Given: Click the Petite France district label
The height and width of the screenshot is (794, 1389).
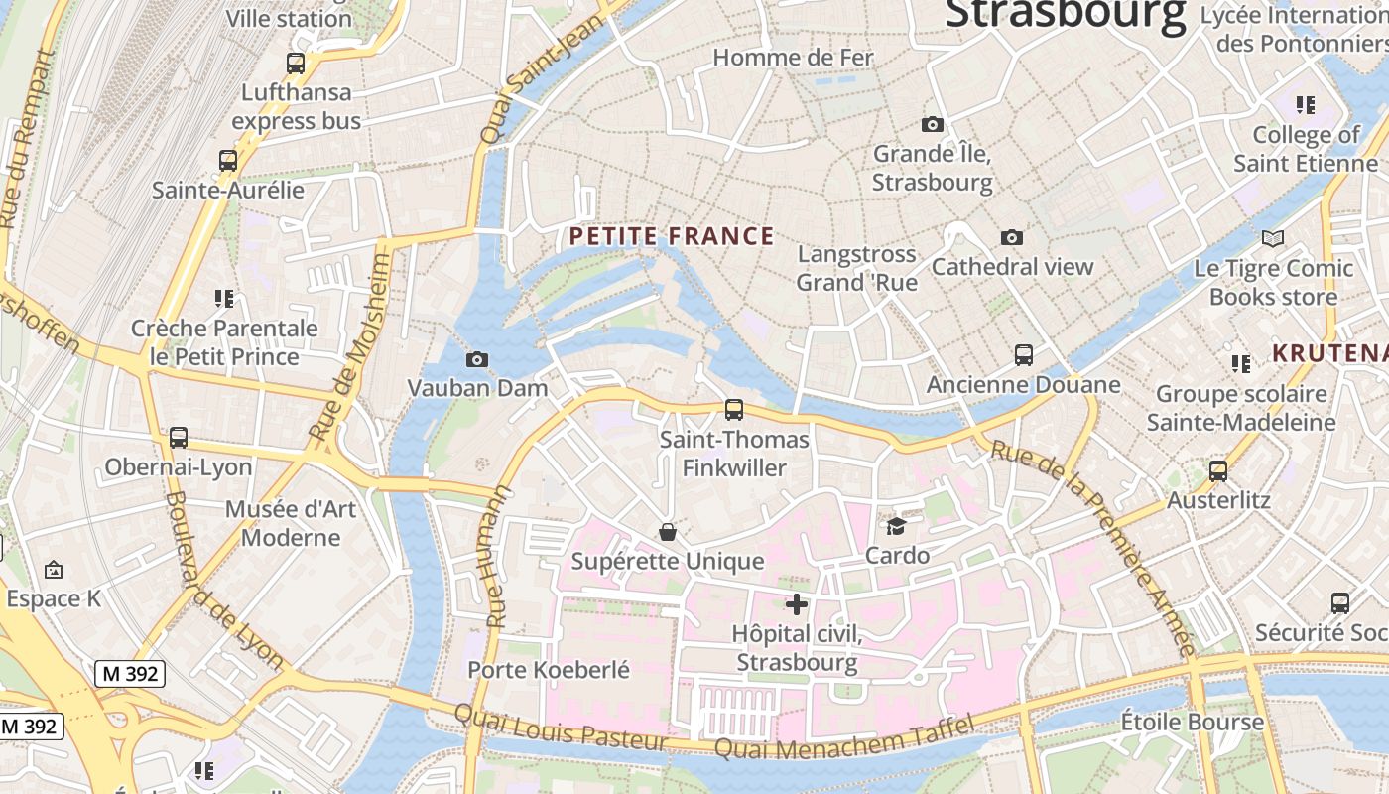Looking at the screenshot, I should (671, 236).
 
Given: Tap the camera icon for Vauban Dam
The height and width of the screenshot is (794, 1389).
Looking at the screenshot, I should (477, 359).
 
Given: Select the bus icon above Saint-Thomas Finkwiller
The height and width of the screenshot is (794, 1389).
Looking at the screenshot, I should (734, 409).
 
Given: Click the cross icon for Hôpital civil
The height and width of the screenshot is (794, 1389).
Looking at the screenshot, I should (796, 603).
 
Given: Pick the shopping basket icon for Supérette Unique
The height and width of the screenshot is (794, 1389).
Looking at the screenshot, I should (668, 532).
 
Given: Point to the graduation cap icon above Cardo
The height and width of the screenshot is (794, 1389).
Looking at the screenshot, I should (897, 526).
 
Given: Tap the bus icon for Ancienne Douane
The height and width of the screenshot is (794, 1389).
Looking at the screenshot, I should (1023, 354).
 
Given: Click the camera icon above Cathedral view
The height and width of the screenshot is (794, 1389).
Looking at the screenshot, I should (1012, 237).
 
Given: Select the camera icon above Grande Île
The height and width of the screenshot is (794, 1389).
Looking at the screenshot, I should (932, 124).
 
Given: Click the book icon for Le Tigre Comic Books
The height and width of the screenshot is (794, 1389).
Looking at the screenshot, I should (1273, 238).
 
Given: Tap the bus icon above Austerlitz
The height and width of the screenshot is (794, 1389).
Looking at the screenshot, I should (1218, 471).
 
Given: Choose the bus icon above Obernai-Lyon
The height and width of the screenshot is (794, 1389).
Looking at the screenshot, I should (179, 437).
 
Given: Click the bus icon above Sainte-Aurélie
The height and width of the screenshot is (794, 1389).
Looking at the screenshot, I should (228, 160).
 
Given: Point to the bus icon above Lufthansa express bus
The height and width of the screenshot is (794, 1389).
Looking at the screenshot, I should (296, 64).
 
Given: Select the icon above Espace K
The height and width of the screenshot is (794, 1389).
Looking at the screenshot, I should (54, 570).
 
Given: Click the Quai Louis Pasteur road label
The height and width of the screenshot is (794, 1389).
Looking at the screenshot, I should (561, 728).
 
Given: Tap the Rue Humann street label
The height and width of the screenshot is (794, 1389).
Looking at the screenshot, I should (499, 556).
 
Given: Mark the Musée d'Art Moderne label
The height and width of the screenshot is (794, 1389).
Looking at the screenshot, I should (291, 523).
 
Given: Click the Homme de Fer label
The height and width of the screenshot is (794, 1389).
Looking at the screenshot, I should (793, 58).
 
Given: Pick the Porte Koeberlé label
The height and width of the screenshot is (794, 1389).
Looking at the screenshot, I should (549, 670).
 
